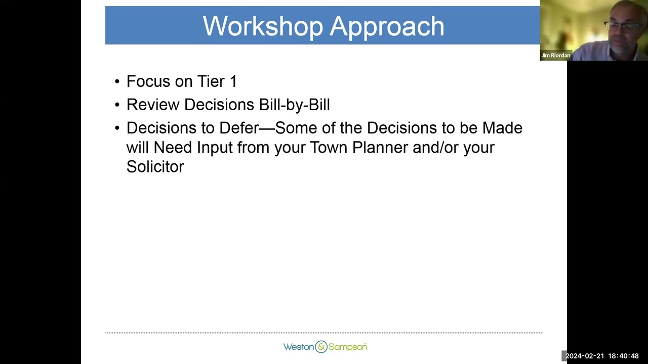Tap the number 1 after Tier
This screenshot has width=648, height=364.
tap(233, 81)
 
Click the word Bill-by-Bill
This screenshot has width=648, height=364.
tap(294, 105)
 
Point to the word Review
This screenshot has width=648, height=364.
tap(152, 105)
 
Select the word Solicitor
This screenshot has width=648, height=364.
tap(155, 167)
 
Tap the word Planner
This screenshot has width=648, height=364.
tap(380, 148)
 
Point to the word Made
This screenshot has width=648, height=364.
tap(502, 128)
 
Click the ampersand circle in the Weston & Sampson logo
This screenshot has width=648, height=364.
tap(321, 347)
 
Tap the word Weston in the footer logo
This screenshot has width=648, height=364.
tap(298, 347)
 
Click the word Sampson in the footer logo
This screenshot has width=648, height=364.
tap(347, 347)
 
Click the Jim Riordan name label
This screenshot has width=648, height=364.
tap(555, 56)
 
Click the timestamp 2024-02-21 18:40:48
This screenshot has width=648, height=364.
tap(602, 356)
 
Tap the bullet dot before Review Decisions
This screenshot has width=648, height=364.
tap(117, 105)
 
